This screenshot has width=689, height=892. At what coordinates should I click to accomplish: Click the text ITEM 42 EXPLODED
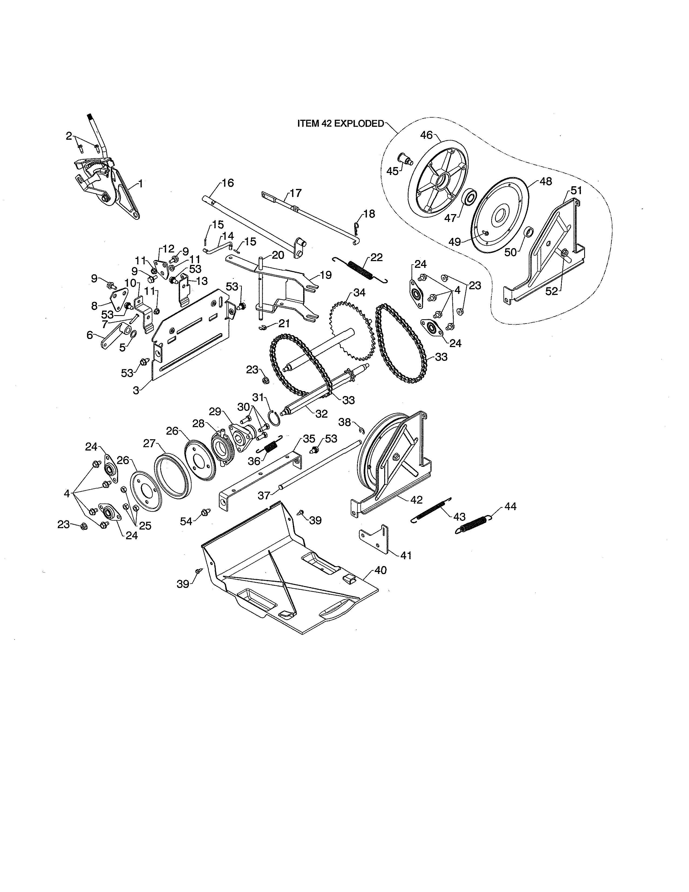(340, 124)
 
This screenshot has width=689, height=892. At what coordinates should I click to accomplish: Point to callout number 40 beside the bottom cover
(380, 570)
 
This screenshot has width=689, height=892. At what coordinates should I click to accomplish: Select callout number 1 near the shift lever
(141, 184)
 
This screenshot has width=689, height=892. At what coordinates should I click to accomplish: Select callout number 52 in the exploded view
(552, 291)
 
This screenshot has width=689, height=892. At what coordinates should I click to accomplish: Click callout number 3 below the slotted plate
(136, 390)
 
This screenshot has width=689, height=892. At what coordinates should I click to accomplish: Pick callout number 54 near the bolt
(186, 521)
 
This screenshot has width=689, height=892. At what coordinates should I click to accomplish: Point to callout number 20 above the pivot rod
(278, 255)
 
